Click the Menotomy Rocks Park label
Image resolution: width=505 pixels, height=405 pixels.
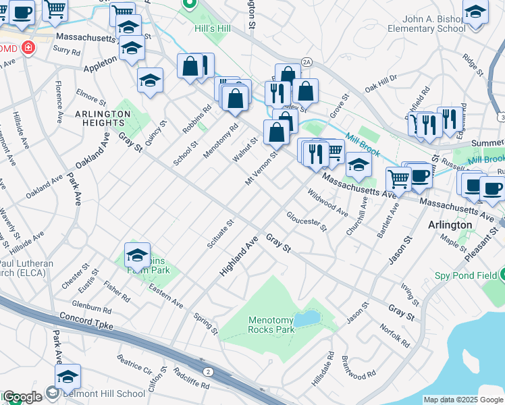point(271,325)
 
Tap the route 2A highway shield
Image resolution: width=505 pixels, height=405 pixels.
point(307,61)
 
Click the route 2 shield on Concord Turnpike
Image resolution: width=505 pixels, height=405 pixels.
point(208,372)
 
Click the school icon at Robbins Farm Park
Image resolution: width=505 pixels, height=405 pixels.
point(137,256)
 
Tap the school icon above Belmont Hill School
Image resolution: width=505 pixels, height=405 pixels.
point(68,377)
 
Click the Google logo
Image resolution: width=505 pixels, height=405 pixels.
point(22,397)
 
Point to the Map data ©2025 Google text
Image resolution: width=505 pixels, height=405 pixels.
point(463,400)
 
